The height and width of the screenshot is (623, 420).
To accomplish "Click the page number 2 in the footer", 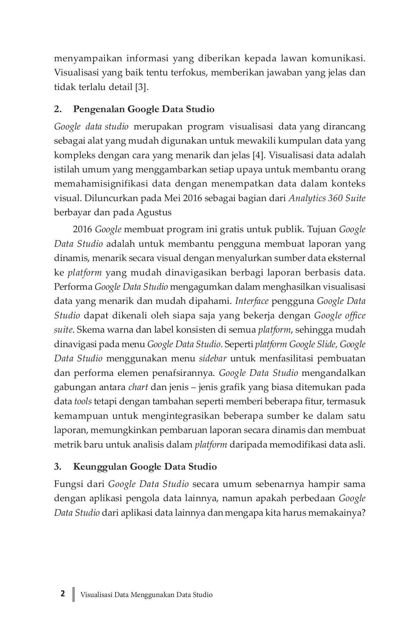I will pyautogui.click(x=62, y=594).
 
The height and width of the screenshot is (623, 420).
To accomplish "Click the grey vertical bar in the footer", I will pyautogui.click(x=73, y=594).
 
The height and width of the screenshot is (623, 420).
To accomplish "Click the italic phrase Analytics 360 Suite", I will pyautogui.click(x=327, y=198).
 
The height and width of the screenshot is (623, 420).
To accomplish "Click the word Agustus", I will pyautogui.click(x=154, y=212).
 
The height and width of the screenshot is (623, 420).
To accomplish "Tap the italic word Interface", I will pyautogui.click(x=252, y=301).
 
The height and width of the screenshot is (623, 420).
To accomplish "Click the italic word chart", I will pyautogui.click(x=138, y=387).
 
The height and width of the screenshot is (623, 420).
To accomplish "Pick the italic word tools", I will pyautogui.click(x=83, y=401).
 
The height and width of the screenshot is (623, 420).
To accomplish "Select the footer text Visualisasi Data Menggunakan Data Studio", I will pyautogui.click(x=146, y=595).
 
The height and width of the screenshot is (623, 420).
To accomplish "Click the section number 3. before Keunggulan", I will pyautogui.click(x=58, y=467).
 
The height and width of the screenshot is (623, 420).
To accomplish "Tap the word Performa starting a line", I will pyautogui.click(x=73, y=287).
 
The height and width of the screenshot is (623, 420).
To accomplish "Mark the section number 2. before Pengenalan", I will pyautogui.click(x=58, y=109).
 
